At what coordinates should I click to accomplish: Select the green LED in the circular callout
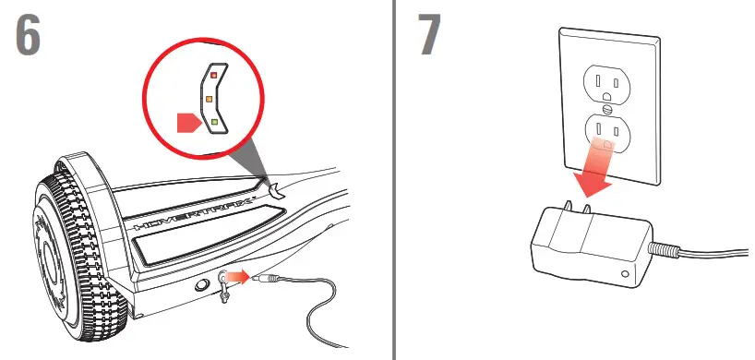coord(213,121)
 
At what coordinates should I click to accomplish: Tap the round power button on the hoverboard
coord(200,286)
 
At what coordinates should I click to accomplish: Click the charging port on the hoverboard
coord(226,275)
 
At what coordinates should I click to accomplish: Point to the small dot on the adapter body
coord(627,274)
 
